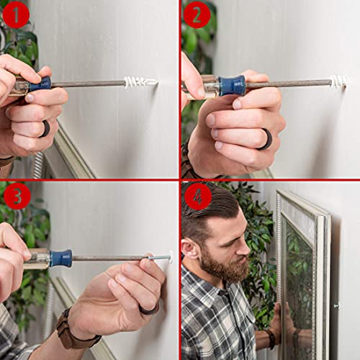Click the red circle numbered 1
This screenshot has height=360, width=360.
(16, 14)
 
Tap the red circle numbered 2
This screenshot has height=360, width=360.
(196, 14)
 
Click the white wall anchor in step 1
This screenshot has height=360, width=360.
(138, 82)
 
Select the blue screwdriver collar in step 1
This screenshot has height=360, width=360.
(41, 84)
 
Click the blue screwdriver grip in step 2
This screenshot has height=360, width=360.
(232, 86)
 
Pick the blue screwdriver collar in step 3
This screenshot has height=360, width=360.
(61, 258)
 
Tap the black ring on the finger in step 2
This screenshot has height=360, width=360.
(266, 139)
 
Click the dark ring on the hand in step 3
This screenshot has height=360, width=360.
(149, 308)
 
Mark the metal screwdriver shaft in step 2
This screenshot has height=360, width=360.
(288, 84)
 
